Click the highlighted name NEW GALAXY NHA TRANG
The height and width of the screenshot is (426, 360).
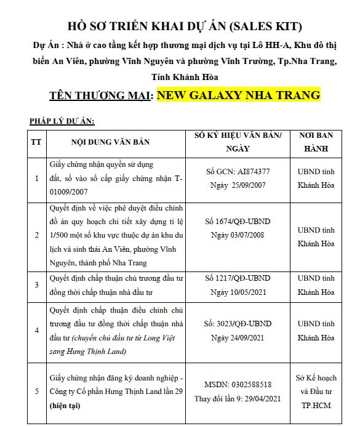pyautogui.click(x=239, y=95)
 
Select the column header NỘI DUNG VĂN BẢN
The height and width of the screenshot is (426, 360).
pyautogui.click(x=110, y=142)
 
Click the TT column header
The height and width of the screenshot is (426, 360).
pyautogui.click(x=36, y=142)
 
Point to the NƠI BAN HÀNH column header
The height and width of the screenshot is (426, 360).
pyautogui.click(x=316, y=142)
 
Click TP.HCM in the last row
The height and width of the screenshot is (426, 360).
pyautogui.click(x=316, y=404)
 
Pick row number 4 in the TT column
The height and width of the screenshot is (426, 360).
pyautogui.click(x=36, y=331)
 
